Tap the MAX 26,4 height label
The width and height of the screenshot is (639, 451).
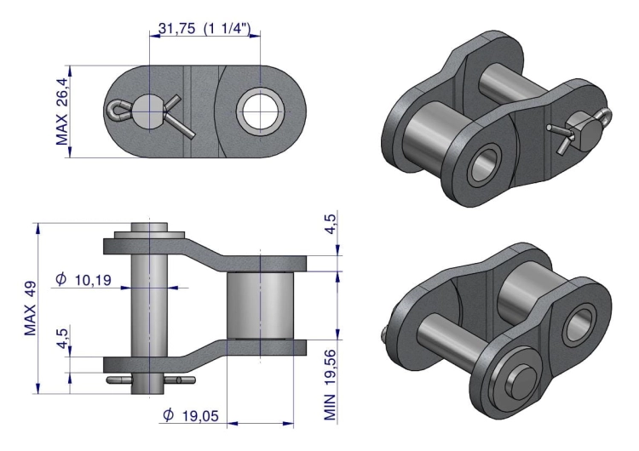click(x=61, y=111)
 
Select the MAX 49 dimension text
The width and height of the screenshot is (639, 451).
click(x=31, y=308)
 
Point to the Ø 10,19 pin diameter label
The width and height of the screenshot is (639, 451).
click(x=83, y=280)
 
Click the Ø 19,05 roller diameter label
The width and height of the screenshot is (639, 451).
click(x=191, y=415)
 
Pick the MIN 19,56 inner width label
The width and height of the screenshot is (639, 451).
click(x=330, y=385)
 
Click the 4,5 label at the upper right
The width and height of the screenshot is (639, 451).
click(x=330, y=224)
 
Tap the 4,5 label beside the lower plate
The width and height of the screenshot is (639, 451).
click(x=62, y=339)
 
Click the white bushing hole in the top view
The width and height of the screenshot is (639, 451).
click(x=260, y=111)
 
